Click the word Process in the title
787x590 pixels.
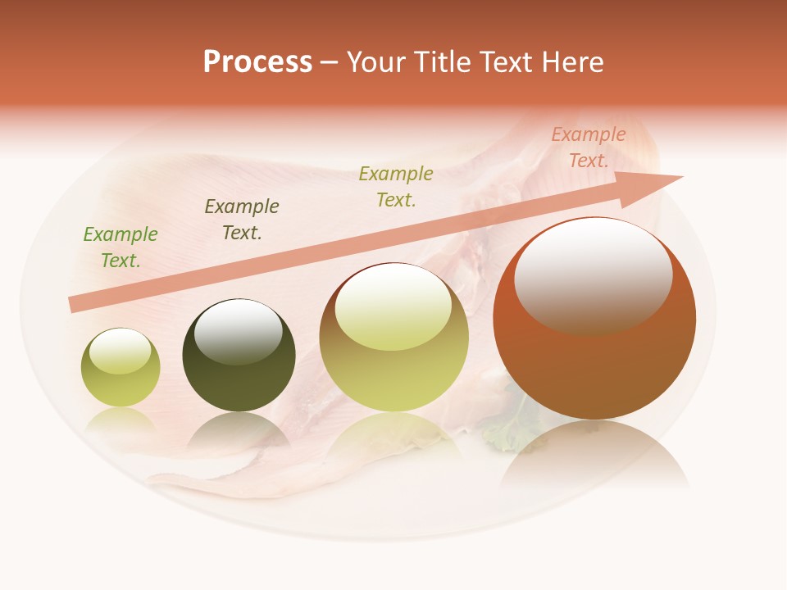pyautogui.click(x=257, y=62)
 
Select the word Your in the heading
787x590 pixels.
pyautogui.click(x=373, y=62)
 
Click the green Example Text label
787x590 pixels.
pyautogui.click(x=121, y=247)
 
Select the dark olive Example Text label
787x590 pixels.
pyautogui.click(x=242, y=219)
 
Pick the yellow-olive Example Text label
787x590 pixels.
pyautogui.click(x=396, y=186)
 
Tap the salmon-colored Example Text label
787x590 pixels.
pyautogui.click(x=588, y=147)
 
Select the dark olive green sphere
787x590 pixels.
pyautogui.click(x=239, y=377)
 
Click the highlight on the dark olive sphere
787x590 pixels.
pyautogui.click(x=239, y=332)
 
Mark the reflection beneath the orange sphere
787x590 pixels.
pyautogui.click(x=594, y=459)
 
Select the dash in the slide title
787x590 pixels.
pyautogui.click(x=330, y=63)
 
